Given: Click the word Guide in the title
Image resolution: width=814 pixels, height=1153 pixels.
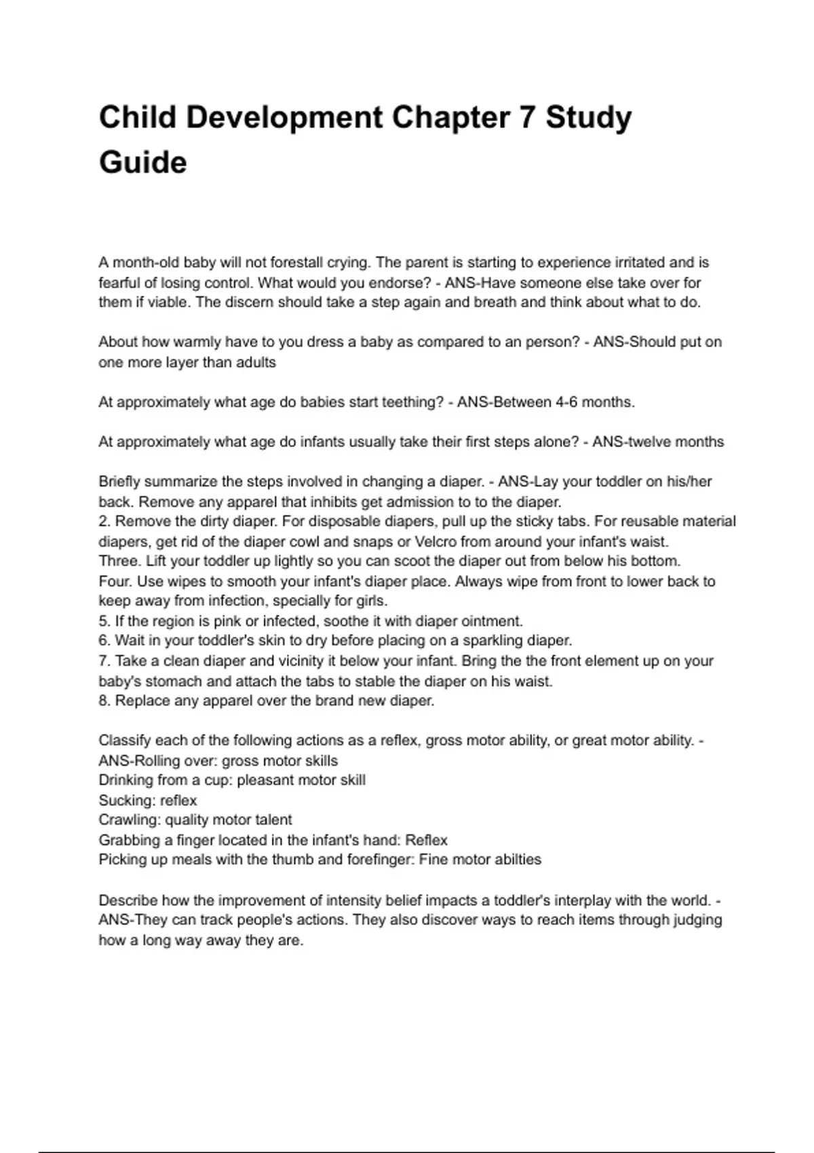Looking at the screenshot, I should (142, 163).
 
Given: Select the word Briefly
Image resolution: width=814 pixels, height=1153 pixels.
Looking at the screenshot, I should (119, 482).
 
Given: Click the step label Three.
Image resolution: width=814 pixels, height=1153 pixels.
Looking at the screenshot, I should (119, 562).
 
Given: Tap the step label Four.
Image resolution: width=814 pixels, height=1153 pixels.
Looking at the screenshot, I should (116, 582).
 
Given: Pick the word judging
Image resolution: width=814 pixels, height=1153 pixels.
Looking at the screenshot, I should (697, 920).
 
